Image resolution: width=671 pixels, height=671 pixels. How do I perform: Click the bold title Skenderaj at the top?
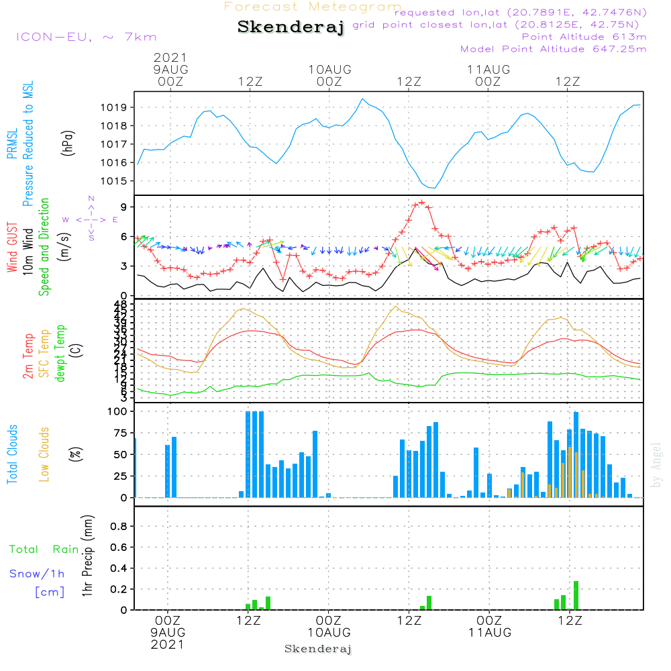point(291,28)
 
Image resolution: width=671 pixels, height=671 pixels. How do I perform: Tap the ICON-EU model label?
point(86,37)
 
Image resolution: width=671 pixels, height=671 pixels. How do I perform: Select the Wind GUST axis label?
point(12,248)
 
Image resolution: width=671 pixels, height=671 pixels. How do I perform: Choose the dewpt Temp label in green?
point(61,354)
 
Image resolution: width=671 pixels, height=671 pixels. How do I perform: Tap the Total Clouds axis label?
point(12,454)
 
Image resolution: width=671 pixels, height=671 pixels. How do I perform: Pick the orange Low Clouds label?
point(44,454)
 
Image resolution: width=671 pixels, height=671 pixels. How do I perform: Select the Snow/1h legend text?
point(38,574)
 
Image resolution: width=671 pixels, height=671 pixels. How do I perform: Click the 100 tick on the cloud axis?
point(117,411)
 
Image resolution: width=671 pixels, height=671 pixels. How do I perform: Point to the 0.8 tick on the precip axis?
point(119,527)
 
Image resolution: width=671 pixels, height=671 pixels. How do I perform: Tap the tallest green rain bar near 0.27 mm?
point(576,596)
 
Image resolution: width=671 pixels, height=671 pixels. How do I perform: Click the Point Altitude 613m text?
point(584,36)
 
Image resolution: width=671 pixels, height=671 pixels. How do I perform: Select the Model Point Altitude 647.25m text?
point(554,49)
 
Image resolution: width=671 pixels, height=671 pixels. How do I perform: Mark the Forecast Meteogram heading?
point(313,7)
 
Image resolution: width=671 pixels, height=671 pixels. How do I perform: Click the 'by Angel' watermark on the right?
point(656,465)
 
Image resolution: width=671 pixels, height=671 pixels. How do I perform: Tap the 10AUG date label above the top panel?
point(329,68)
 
